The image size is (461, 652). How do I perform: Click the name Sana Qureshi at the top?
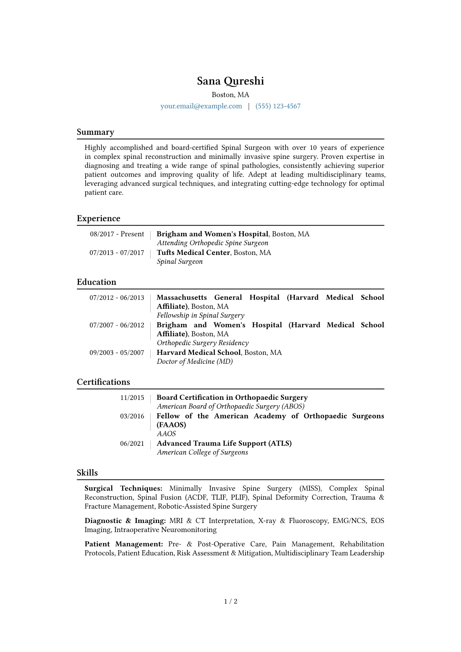click(230, 81)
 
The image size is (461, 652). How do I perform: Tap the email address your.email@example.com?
click(201, 106)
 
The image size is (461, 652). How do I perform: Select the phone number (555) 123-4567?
click(278, 106)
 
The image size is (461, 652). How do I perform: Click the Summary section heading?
click(95, 132)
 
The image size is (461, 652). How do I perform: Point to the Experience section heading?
click(98, 218)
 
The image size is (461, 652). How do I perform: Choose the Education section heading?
click(96, 282)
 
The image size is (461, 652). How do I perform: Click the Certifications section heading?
click(103, 382)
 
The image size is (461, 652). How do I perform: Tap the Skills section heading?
click(87, 473)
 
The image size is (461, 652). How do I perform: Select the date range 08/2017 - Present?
click(117, 234)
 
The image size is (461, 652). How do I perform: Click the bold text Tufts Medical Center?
click(193, 253)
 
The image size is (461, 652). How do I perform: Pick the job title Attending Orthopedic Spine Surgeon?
click(212, 243)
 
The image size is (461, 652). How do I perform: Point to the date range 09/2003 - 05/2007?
click(117, 353)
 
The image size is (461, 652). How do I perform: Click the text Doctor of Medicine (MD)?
click(194, 361)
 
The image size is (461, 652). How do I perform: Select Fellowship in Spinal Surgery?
click(200, 315)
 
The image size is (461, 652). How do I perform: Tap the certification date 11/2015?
click(132, 397)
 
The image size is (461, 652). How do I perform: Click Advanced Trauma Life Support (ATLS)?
click(224, 443)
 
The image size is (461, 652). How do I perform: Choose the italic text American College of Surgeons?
click(202, 452)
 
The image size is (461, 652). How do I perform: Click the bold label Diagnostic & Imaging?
click(125, 521)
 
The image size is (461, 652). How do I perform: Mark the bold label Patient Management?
click(124, 544)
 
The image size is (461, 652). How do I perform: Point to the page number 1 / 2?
click(230, 601)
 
